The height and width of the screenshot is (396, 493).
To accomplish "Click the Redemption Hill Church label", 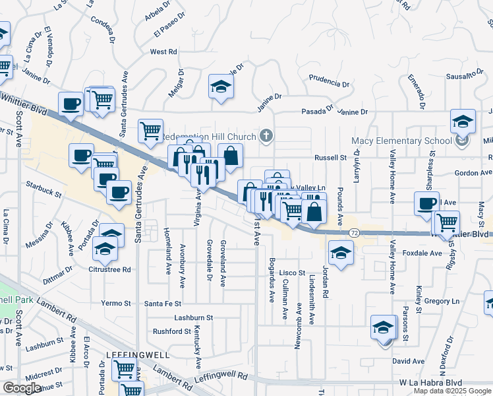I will point(208,137).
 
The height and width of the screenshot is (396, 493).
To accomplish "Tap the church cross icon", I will point(266,137).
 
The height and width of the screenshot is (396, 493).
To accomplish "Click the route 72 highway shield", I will point(354,233).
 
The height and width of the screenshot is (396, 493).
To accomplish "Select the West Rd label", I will point(163,51).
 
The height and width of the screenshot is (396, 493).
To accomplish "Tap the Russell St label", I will point(330,158).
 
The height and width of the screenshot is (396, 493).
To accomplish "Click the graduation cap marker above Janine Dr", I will point(221,86).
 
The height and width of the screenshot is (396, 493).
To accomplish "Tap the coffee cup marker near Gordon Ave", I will point(426,202).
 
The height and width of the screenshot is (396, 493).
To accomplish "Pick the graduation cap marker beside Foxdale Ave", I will point(341,253).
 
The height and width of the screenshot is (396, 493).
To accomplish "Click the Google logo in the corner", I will point(22,388).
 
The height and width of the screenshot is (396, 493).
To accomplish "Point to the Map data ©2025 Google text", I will point(451,391).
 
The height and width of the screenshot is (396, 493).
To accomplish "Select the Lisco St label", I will point(292,273).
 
